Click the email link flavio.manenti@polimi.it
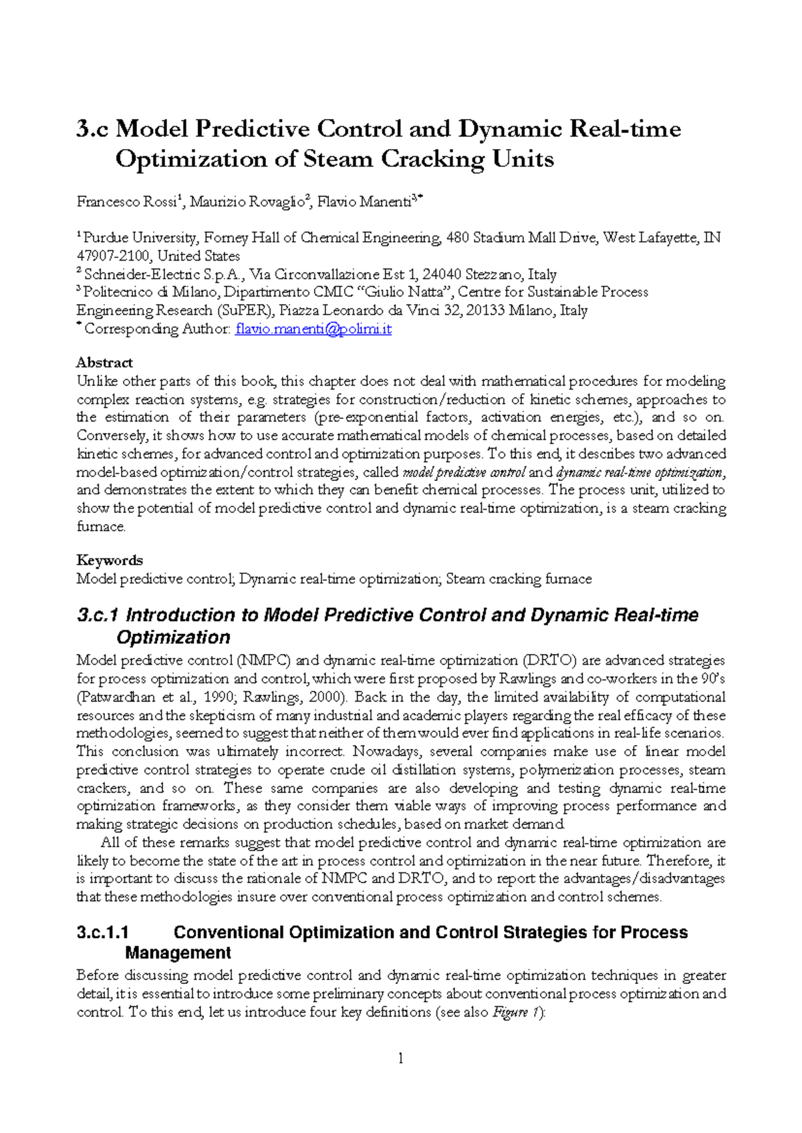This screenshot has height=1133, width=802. pos(313,329)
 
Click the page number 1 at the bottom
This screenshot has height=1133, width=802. pos(400,1058)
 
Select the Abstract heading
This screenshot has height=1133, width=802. pos(104,363)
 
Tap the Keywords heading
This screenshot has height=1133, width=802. pos(110,560)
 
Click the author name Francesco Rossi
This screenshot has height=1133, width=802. pos(126,202)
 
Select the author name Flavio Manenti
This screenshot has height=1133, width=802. pos(364,202)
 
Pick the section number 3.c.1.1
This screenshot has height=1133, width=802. pos(103,933)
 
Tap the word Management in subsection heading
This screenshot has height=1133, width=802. pos(178,953)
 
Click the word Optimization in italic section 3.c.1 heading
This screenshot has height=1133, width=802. pos(173,637)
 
